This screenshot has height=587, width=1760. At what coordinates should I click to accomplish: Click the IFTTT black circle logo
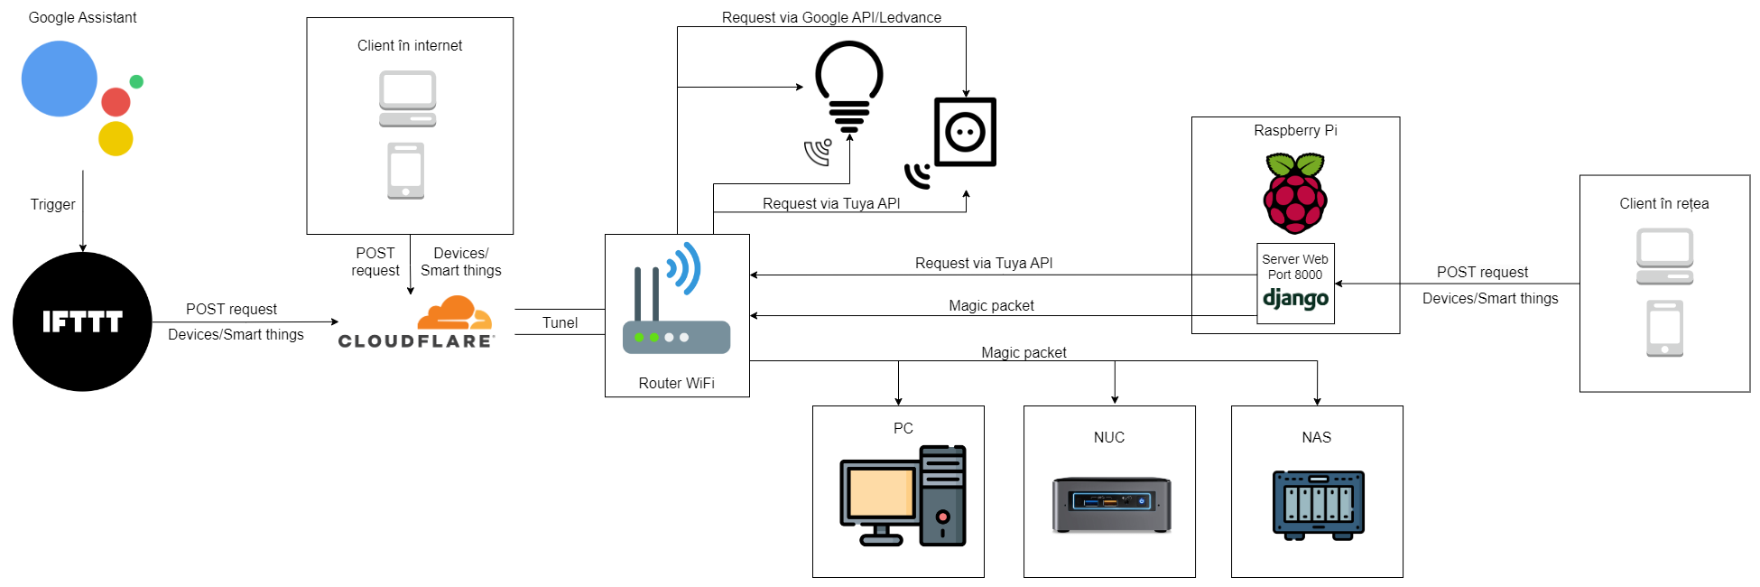(82, 321)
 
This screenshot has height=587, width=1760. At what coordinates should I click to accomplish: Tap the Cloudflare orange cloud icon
(454, 313)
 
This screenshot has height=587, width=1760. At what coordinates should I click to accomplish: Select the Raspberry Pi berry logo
(1295, 193)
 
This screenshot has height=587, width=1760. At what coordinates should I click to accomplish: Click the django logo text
(1295, 298)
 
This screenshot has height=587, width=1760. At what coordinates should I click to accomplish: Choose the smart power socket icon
(965, 132)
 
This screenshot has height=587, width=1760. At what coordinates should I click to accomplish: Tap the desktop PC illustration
(903, 496)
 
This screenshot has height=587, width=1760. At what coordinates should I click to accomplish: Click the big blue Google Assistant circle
(60, 79)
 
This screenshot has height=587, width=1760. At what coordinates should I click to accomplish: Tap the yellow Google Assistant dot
(116, 138)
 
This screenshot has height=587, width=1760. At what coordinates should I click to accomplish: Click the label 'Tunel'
(560, 322)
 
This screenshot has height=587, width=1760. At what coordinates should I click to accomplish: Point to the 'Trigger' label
(52, 204)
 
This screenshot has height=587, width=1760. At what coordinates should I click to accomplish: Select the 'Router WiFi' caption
(676, 383)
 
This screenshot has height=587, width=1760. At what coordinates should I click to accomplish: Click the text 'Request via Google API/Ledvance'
(831, 17)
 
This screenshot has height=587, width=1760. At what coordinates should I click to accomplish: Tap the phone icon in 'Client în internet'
(405, 171)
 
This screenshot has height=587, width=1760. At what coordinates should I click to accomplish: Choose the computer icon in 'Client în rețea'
(1664, 256)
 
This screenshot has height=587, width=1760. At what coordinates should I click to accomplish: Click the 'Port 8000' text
(1295, 275)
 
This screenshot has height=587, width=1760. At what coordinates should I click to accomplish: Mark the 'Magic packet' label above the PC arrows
(1024, 352)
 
